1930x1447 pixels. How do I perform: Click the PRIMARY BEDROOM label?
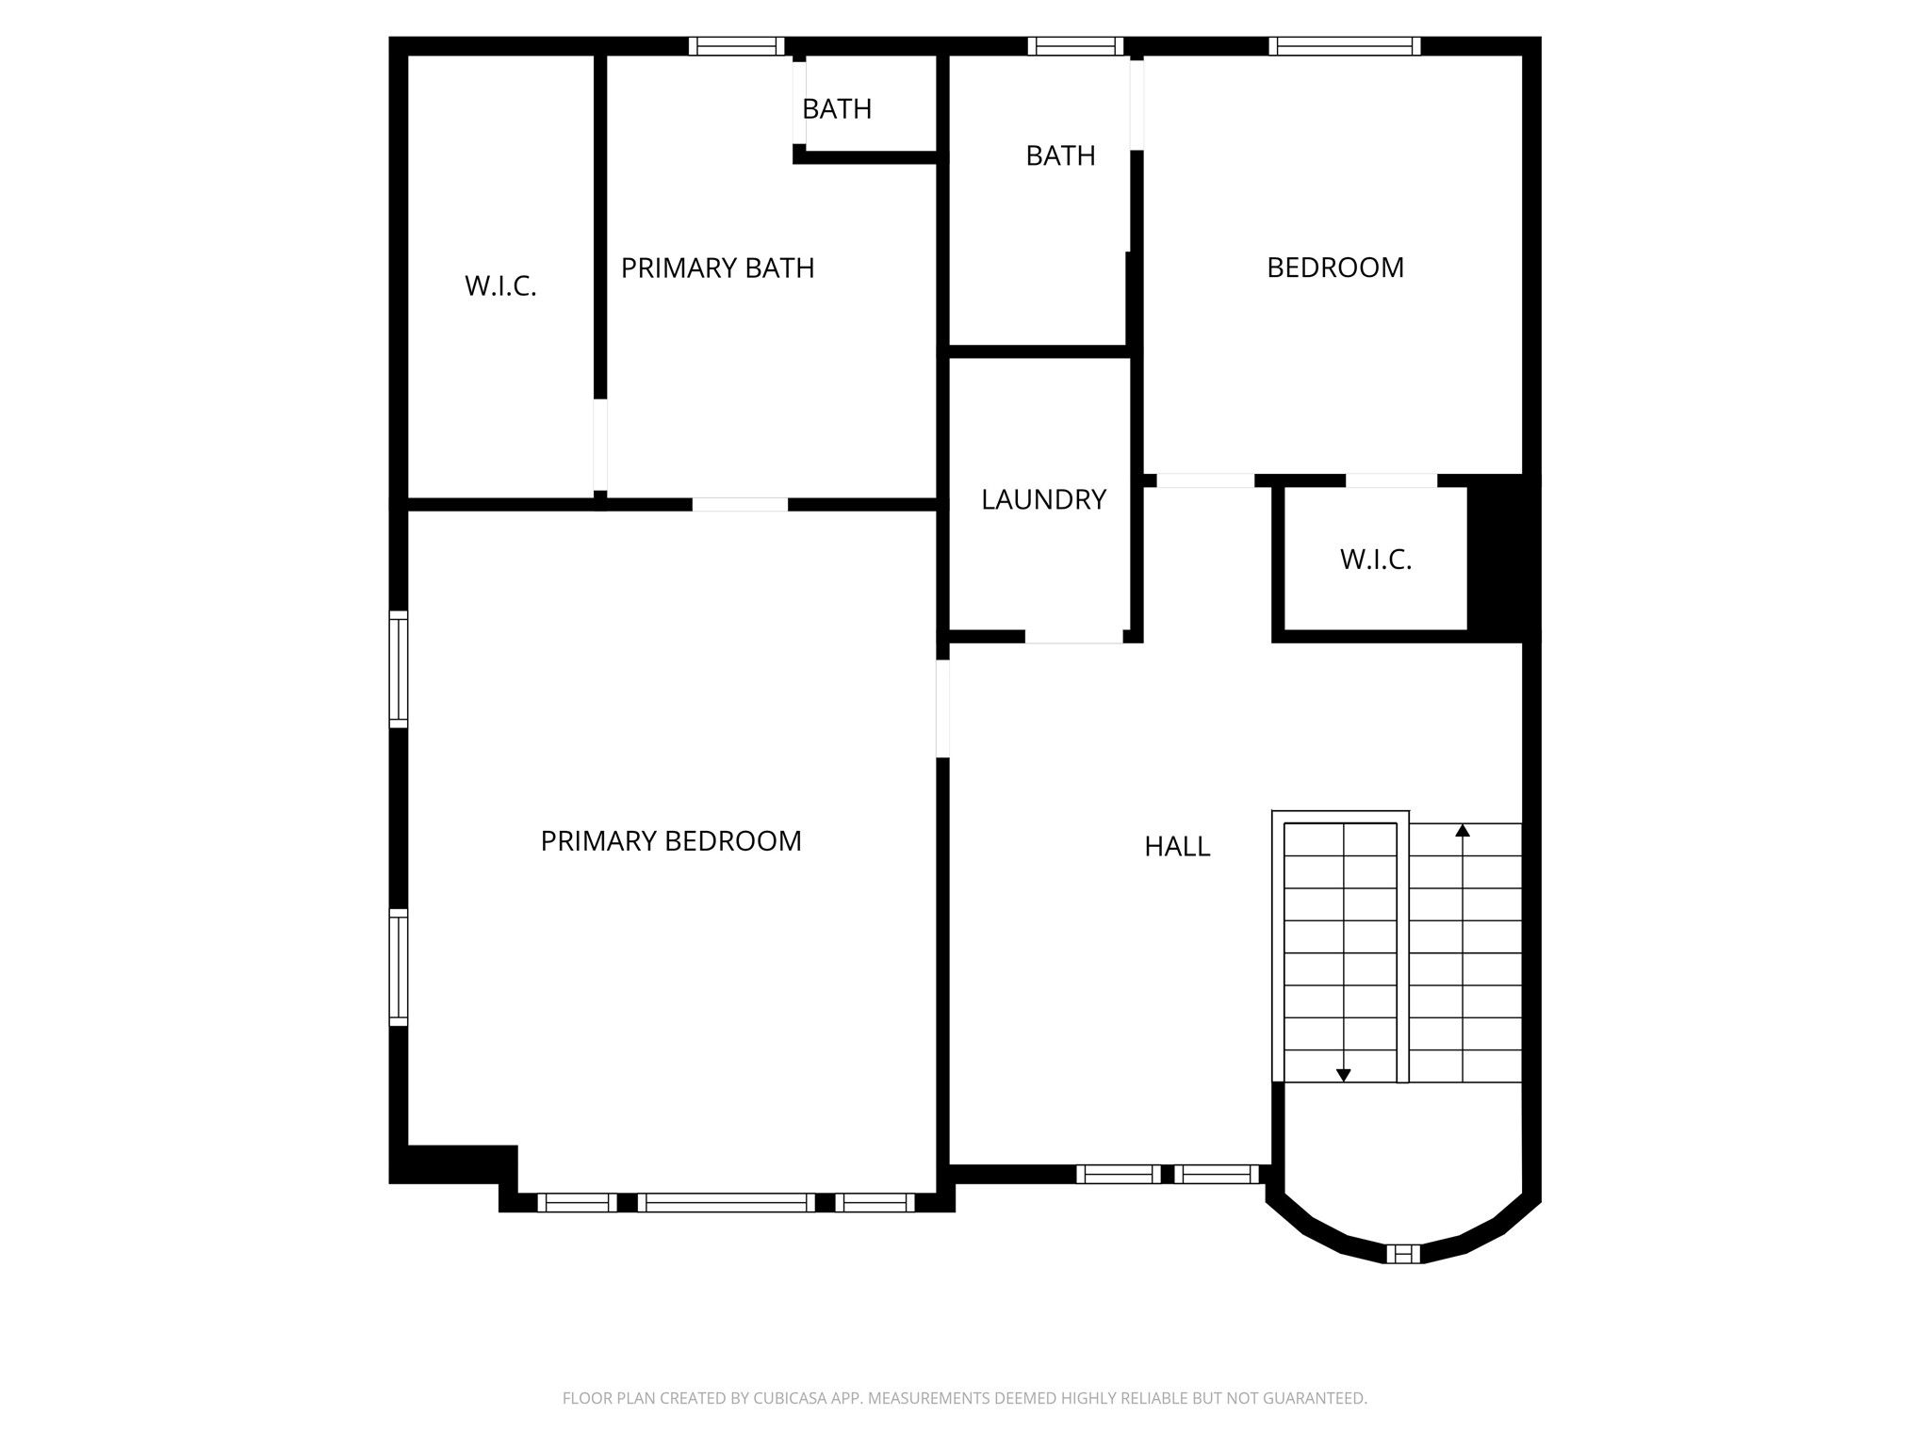point(671,840)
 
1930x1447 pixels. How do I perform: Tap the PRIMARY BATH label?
point(717,268)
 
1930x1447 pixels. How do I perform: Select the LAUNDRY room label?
point(1043,499)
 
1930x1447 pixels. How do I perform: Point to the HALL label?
point(1177,847)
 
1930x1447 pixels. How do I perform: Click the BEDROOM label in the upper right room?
point(1335,268)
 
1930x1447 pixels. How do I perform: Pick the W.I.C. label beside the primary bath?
point(500,286)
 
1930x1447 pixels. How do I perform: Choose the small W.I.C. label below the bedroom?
point(1376,560)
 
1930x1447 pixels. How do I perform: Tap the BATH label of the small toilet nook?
point(837,109)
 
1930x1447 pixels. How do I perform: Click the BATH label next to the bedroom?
point(1060,155)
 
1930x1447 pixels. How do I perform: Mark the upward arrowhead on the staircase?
point(1463,830)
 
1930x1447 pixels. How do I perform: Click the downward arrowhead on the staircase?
point(1344,1075)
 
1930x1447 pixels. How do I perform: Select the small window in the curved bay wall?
point(1402,1253)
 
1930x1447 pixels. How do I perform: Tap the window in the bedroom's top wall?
point(1345,46)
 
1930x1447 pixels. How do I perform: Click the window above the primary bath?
point(736,46)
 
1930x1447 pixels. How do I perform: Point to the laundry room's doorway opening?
point(1073,637)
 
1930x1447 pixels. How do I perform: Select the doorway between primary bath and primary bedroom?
point(740,505)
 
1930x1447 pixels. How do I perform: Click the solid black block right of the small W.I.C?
point(1504,559)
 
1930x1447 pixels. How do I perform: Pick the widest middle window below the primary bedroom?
point(727,1202)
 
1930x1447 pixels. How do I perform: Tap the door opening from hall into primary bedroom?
point(942,707)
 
